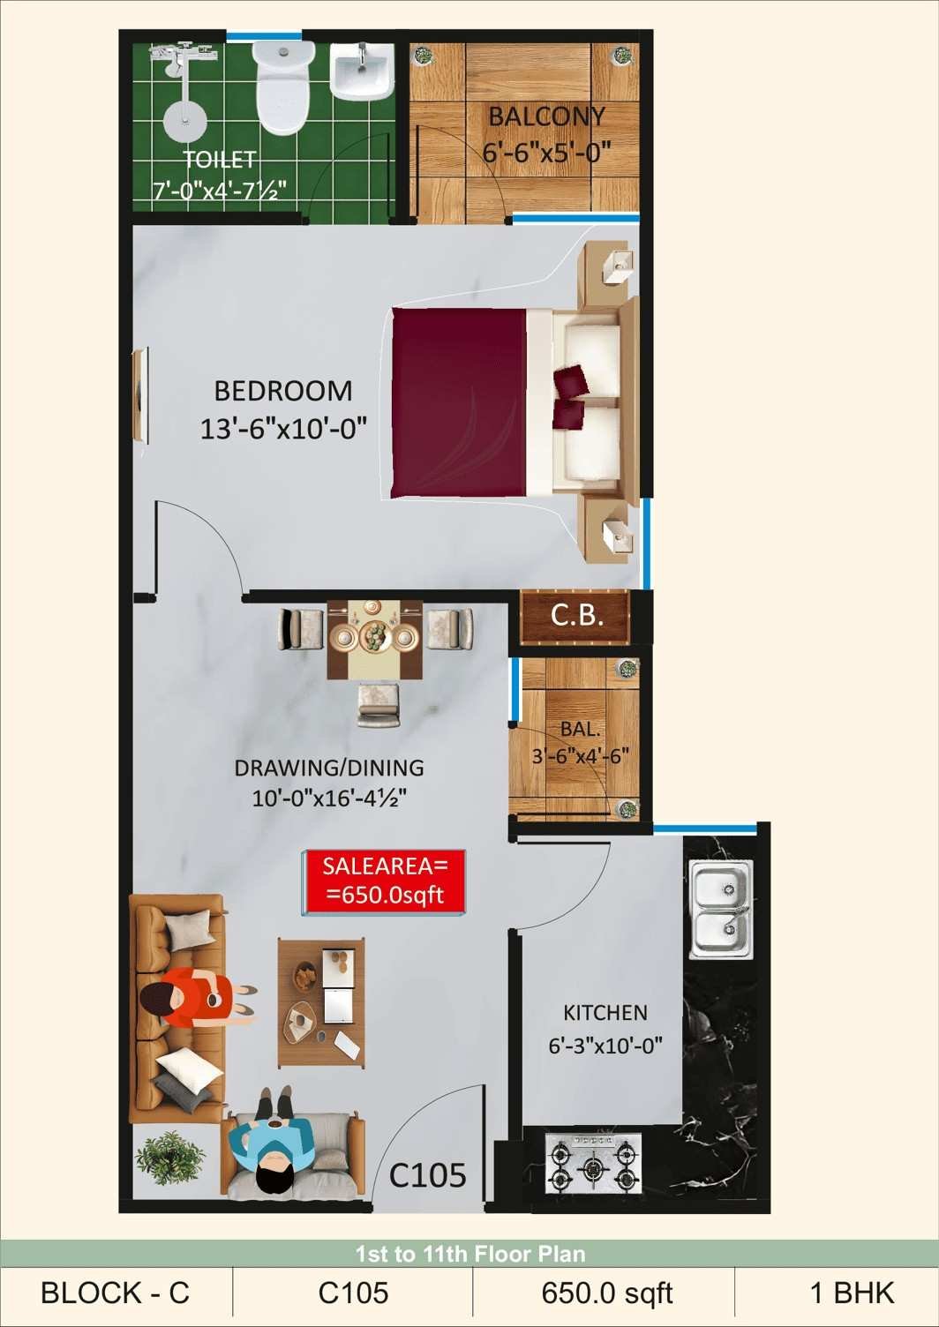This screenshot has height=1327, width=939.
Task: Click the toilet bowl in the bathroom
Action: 283,86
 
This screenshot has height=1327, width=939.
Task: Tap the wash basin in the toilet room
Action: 361,73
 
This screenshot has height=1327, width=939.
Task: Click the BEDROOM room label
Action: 283,391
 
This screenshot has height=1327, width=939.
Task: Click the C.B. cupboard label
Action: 576,616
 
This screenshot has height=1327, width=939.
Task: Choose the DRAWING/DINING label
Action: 329,768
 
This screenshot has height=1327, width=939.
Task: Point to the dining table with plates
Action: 376,639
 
